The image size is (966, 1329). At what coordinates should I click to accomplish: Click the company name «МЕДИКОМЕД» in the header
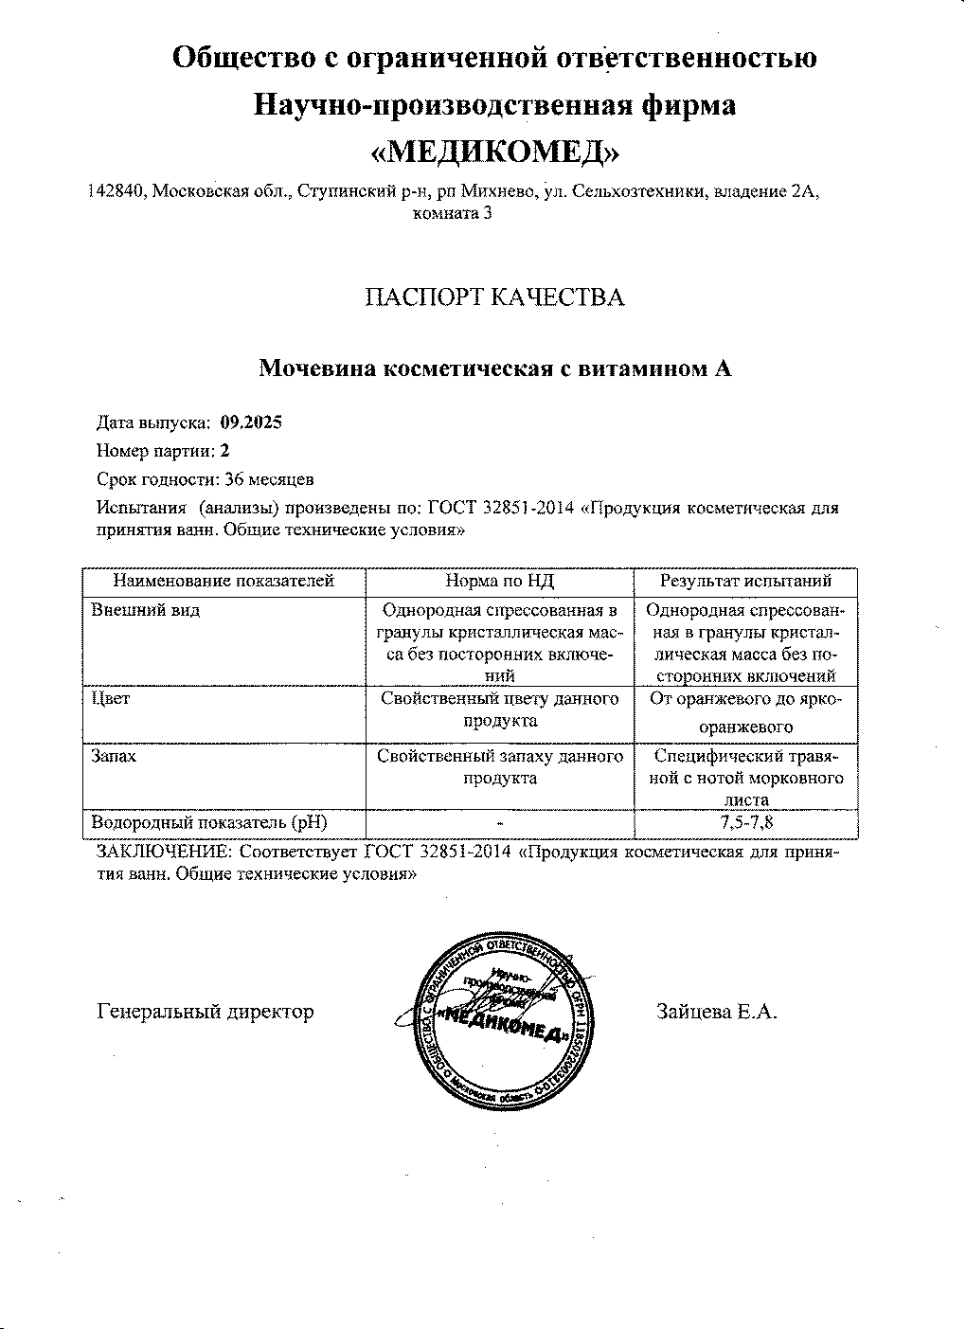click(494, 152)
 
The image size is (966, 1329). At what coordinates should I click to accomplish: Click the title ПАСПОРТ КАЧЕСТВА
click(495, 297)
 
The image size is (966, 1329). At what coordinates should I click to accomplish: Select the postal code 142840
click(115, 191)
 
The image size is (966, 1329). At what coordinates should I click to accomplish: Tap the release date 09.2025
click(251, 422)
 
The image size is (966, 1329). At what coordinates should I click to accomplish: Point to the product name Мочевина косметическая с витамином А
click(495, 368)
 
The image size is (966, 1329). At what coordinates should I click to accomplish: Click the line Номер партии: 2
click(163, 451)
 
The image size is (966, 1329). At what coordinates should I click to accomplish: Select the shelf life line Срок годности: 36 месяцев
click(206, 479)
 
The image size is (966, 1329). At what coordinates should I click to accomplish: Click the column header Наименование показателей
click(224, 581)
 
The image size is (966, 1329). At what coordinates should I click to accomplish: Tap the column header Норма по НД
click(499, 581)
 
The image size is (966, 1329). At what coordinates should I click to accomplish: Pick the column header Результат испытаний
click(745, 581)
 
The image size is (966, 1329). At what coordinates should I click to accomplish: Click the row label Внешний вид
click(146, 610)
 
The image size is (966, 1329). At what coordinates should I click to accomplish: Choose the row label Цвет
click(111, 699)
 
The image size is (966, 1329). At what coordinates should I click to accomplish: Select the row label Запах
click(114, 757)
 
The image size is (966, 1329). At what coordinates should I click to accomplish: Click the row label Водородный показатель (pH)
click(213, 823)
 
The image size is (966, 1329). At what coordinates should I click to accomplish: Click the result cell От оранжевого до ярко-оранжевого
click(746, 713)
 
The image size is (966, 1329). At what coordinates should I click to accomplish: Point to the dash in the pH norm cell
click(499, 824)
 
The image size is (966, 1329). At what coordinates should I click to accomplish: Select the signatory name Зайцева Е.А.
click(717, 1012)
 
